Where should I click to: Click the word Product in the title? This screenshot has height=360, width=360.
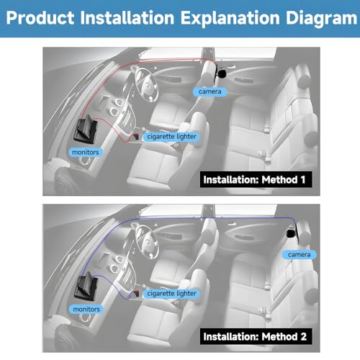point(40,18)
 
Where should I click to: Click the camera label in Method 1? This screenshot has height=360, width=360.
point(210,91)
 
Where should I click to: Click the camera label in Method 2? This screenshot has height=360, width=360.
point(299,255)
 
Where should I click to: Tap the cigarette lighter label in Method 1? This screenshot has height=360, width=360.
point(171,137)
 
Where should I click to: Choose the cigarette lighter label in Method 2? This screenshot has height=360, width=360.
point(171,294)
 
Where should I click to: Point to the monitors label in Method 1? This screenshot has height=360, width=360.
point(86,152)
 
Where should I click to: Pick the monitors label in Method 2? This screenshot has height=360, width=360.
point(86,309)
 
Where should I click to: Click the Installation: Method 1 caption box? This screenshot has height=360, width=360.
point(256,179)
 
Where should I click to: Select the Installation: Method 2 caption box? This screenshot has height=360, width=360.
point(256,336)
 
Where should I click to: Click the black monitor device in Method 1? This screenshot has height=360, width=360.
point(86,130)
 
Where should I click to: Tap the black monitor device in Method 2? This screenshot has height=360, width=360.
point(86,286)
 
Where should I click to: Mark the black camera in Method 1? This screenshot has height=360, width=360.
point(221,73)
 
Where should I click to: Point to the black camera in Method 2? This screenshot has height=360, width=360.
point(291,233)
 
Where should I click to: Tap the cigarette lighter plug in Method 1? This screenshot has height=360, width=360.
point(136,136)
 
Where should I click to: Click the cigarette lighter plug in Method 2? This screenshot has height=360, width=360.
point(136,293)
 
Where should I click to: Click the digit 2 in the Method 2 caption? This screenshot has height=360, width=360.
point(304,336)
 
